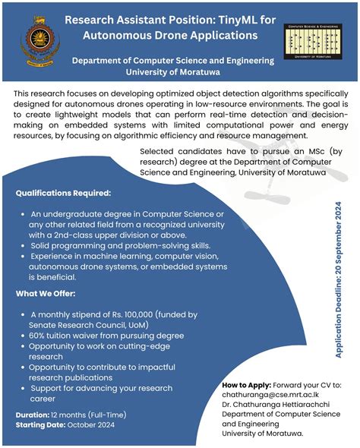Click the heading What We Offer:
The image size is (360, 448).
point(47,294)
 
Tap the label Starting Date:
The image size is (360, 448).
point(40,425)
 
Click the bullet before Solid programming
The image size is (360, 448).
point(23,246)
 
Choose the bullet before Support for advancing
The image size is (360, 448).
point(23,387)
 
